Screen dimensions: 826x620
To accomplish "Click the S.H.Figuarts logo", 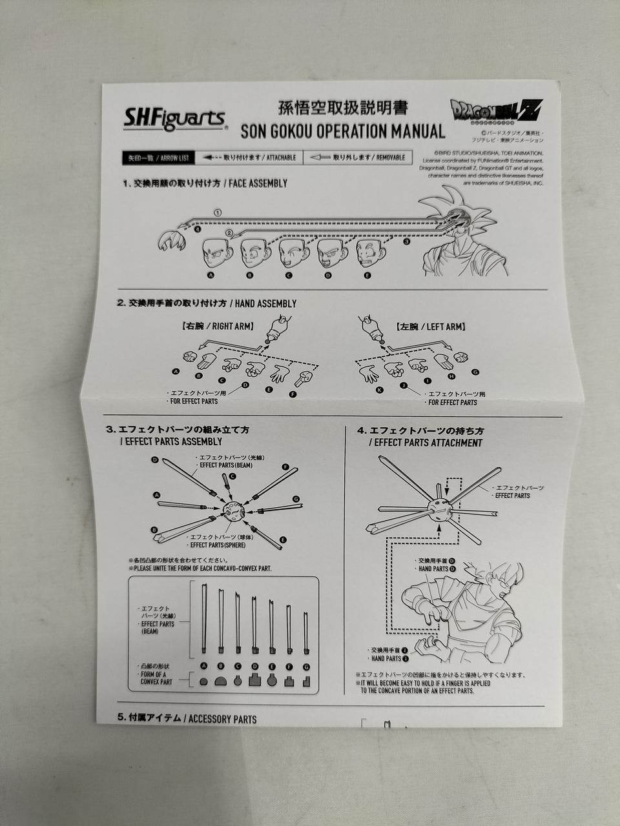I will tap(174, 119).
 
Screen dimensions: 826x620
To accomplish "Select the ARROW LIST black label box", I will tap(158, 157).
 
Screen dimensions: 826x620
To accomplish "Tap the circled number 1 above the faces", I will tap(218, 212).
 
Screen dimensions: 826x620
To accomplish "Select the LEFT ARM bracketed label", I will tap(431, 327).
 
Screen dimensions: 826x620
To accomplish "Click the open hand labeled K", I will tap(370, 373).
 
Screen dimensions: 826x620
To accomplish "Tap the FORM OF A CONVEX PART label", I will tap(156, 678).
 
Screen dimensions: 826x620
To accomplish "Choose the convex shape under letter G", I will tap(307, 680).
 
